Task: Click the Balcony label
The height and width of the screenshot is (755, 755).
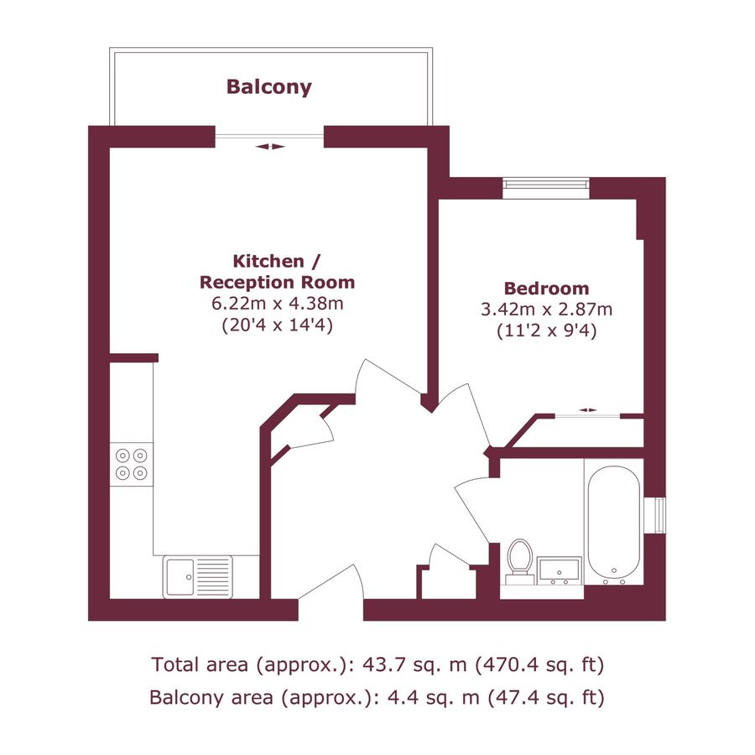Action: tap(268, 86)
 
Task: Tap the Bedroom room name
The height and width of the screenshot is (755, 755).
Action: tap(546, 288)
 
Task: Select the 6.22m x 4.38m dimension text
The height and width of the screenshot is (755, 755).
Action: tap(277, 303)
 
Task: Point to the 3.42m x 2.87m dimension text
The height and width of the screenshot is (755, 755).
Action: tap(546, 309)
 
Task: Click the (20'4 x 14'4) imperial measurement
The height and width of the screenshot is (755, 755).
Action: tap(277, 325)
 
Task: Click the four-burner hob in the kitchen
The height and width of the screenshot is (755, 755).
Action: tap(133, 464)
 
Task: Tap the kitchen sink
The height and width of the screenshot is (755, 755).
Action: tap(198, 576)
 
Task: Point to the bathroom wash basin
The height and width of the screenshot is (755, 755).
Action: tap(560, 570)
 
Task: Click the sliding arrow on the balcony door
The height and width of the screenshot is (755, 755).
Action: tap(270, 147)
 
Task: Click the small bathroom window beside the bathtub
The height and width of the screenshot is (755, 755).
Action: tap(660, 515)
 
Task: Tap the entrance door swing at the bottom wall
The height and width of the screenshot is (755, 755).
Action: tap(331, 587)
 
